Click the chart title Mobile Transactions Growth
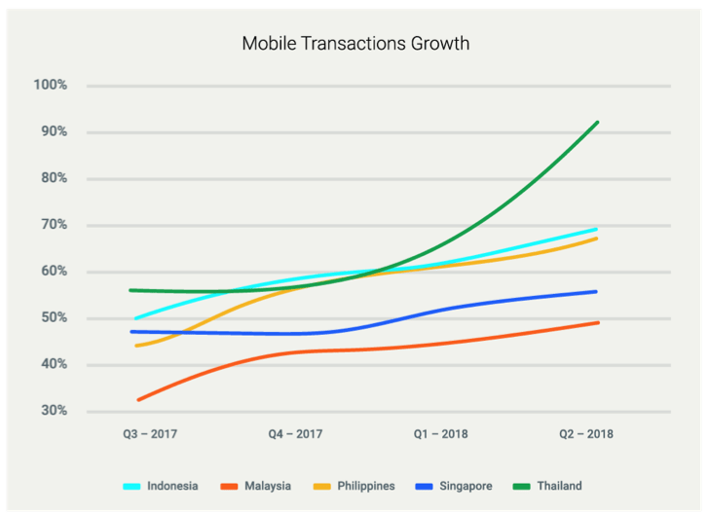354,44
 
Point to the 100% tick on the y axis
50,86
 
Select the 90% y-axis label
52,131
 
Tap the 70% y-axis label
52,225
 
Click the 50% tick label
52,318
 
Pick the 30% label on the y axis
52,411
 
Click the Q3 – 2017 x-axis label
148,434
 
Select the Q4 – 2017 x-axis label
296,434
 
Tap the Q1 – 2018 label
440,434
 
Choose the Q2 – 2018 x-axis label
585,434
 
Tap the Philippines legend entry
364,485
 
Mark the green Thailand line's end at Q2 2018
597,123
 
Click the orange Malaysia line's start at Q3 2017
138,400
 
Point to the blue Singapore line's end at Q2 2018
597,291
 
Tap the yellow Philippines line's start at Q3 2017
136,346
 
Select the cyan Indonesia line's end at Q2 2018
597,229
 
